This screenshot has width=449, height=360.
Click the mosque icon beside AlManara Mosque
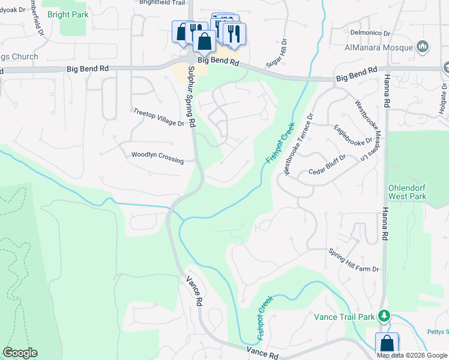pos(423,46)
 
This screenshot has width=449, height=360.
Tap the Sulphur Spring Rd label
pos(191,96)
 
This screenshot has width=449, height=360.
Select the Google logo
pos(20,353)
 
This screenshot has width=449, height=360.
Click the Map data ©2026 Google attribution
pos(412,355)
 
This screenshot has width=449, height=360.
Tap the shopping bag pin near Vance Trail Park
pos(387,344)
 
